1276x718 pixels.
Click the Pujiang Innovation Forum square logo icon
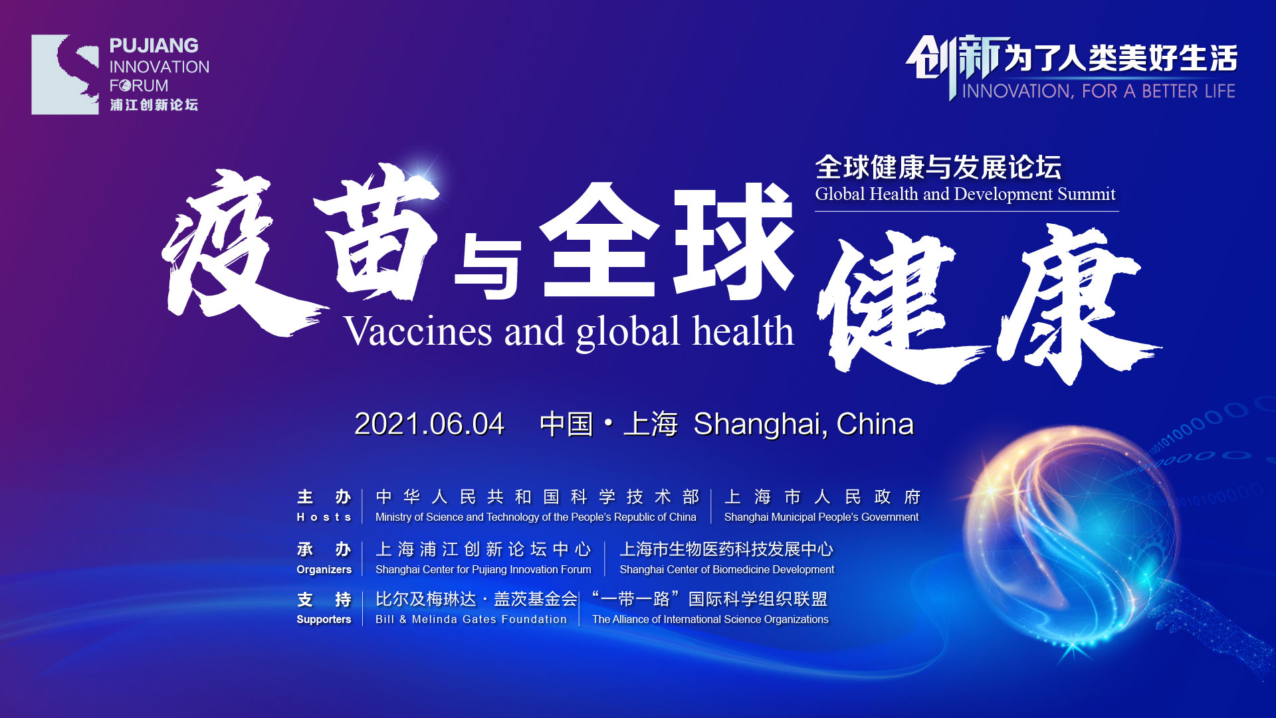click(65, 74)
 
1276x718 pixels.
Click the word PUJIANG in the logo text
click(154, 46)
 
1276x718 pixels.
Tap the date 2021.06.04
click(429, 424)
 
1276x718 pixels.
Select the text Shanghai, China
click(803, 424)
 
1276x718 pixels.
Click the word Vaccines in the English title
click(418, 331)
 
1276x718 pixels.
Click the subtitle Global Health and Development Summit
click(965, 194)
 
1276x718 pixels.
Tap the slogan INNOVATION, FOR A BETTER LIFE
click(1099, 91)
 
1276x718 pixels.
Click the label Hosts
click(324, 517)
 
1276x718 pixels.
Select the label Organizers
click(324, 569)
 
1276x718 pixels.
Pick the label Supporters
click(324, 619)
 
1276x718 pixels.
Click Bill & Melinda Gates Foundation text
click(471, 619)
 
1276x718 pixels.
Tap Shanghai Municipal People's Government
click(821, 517)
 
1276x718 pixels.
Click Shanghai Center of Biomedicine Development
click(727, 569)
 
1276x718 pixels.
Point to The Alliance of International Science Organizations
click(710, 619)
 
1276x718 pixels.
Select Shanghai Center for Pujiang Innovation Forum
click(483, 569)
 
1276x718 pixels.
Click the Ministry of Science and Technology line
click(536, 517)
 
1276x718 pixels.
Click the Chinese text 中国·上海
click(609, 424)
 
